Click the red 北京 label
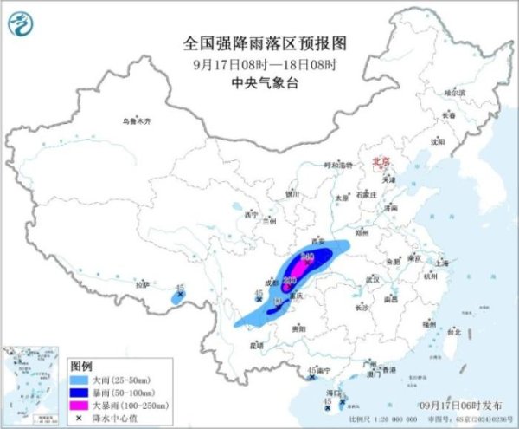(x=381, y=161)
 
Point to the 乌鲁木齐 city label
(x=135, y=121)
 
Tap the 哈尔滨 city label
(x=454, y=91)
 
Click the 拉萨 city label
(x=142, y=283)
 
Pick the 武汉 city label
(x=373, y=279)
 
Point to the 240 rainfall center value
(x=306, y=257)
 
